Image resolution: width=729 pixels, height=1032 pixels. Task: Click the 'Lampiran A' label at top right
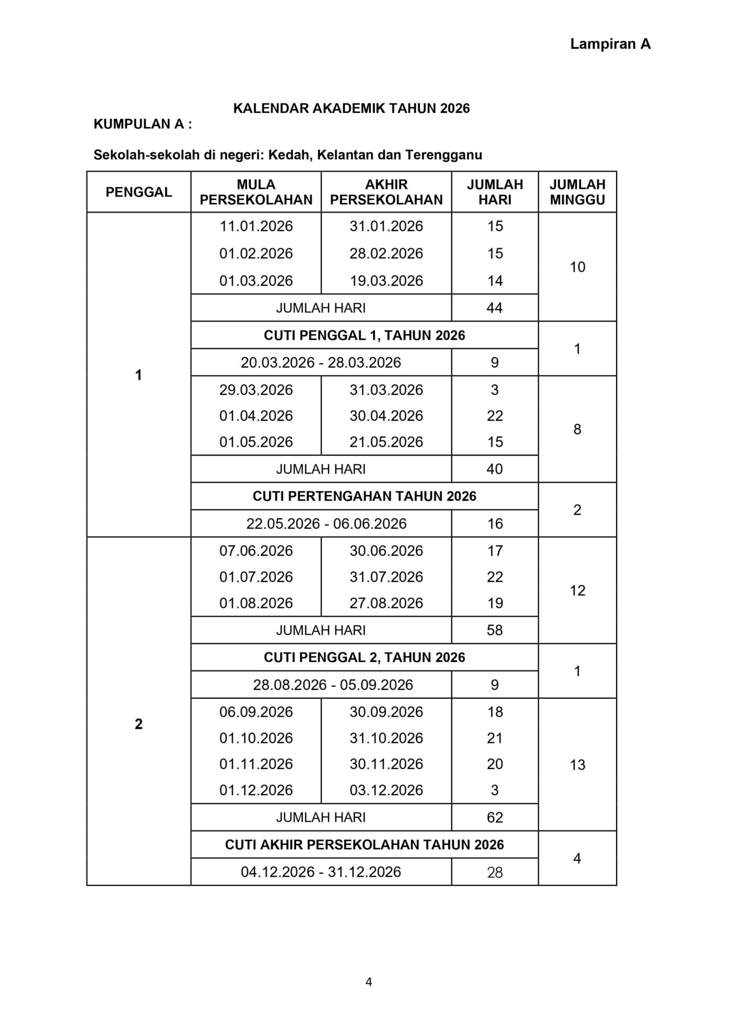tap(610, 44)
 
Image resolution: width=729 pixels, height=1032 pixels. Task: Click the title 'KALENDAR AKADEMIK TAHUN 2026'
tap(351, 108)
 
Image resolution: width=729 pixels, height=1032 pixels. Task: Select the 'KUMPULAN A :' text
tap(143, 124)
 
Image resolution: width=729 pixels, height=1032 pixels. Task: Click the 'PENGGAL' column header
tap(139, 192)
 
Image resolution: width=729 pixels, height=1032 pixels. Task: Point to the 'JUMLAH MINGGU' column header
tap(577, 192)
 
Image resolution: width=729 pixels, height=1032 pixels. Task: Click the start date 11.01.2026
tap(256, 226)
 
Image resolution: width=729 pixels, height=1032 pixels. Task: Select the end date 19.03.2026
tap(386, 281)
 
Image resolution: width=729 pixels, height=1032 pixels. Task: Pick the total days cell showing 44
tap(495, 308)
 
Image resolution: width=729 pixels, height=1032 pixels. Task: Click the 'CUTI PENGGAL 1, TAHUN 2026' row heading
tap(364, 335)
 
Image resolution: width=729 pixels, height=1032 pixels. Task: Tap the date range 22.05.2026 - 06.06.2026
tap(326, 524)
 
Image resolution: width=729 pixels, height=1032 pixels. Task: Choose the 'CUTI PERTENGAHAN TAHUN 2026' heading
tap(364, 496)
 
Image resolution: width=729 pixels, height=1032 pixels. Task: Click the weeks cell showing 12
tap(577, 590)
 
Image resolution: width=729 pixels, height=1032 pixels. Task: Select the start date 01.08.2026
tap(256, 603)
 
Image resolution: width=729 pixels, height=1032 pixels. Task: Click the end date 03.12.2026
tap(386, 790)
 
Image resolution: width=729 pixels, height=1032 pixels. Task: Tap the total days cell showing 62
tap(495, 817)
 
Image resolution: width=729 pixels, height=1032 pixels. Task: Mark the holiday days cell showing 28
tap(495, 872)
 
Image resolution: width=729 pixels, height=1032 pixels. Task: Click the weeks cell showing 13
tap(577, 765)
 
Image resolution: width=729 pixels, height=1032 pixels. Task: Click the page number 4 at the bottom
tap(369, 982)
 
